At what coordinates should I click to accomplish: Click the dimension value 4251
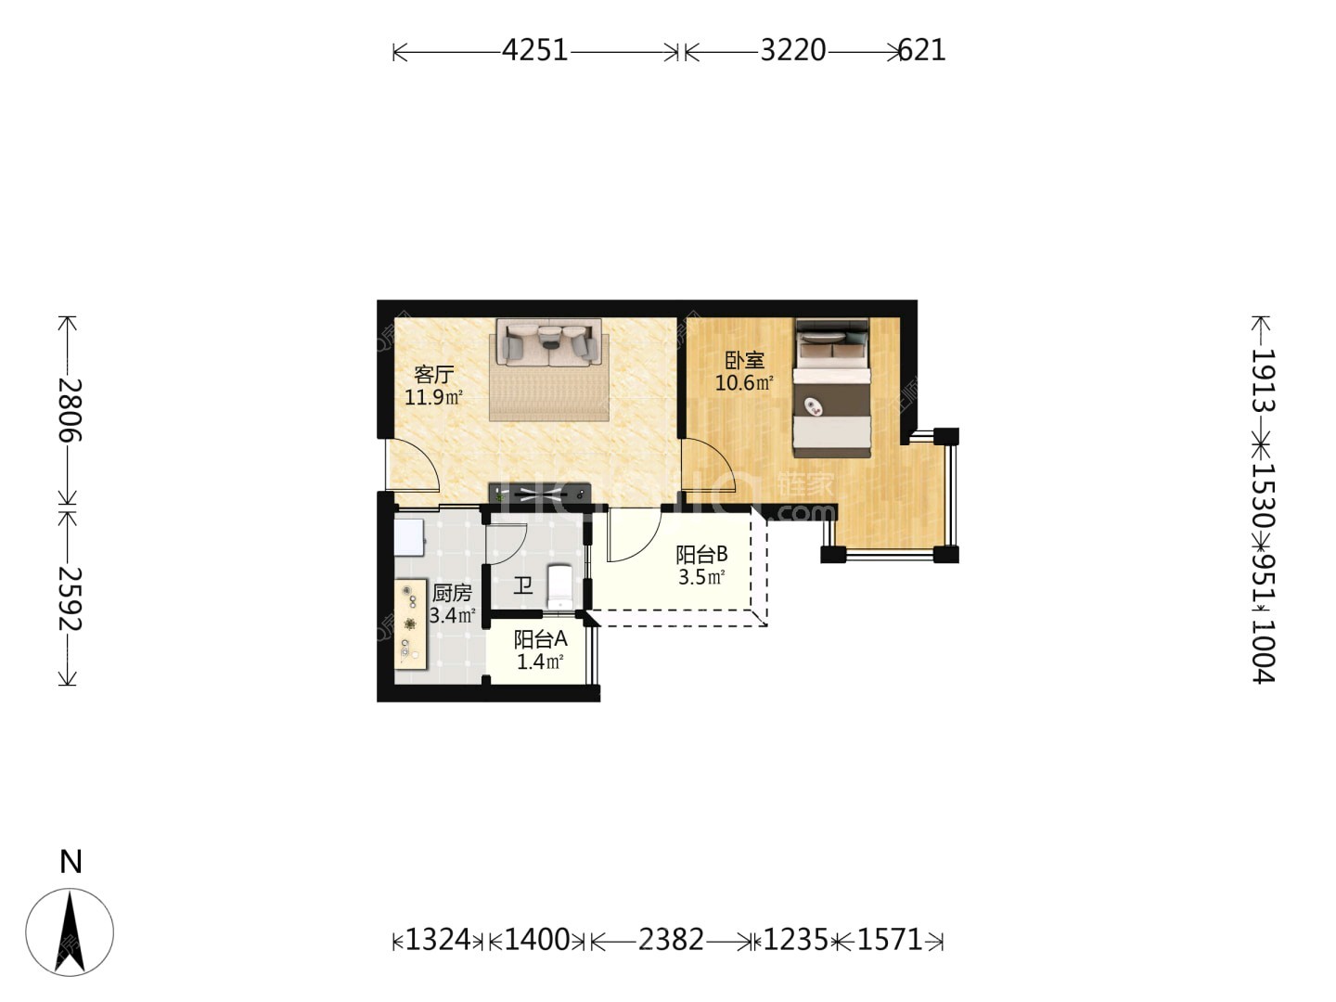[x=535, y=50]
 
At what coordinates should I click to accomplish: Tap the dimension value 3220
[x=793, y=50]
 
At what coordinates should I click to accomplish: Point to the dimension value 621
[x=921, y=50]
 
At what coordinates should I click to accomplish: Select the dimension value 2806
[x=70, y=410]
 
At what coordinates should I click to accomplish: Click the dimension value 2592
[x=70, y=598]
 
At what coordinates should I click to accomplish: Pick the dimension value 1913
[x=1263, y=380]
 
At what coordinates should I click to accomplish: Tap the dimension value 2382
[x=671, y=940]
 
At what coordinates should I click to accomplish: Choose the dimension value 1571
[x=890, y=940]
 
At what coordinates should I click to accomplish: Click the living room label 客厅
[x=434, y=374]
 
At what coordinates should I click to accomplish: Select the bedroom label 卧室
[x=744, y=360]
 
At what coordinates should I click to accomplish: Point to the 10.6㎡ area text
[x=744, y=383]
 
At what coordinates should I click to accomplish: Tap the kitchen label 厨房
[x=452, y=593]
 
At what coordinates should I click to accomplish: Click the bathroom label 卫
[x=523, y=585]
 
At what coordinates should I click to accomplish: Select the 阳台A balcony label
[x=541, y=639]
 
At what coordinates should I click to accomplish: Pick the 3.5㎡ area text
[x=701, y=577]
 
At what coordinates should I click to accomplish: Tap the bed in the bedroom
[x=831, y=388]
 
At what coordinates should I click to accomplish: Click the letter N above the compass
[x=71, y=863]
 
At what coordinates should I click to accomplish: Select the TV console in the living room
[x=540, y=493]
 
